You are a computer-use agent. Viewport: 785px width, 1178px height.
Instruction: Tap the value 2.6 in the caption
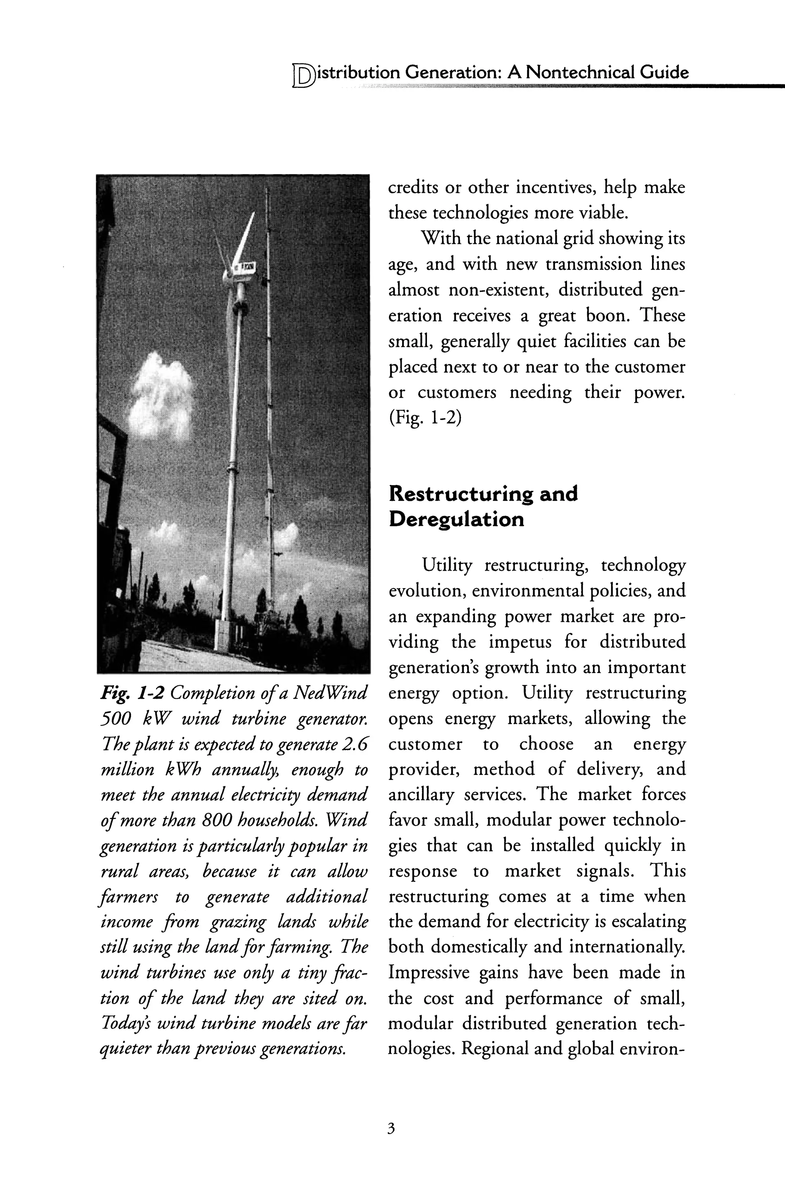coord(353,744)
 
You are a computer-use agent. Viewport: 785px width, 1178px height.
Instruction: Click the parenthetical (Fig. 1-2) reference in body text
coord(425,418)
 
